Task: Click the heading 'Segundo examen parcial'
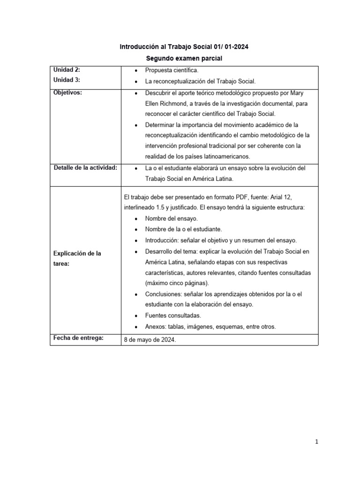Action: [x=180, y=59]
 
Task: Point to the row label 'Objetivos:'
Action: [x=68, y=92]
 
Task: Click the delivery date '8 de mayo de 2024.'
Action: [x=150, y=340]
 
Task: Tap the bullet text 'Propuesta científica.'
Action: [x=169, y=70]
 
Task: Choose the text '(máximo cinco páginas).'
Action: [x=177, y=283]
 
